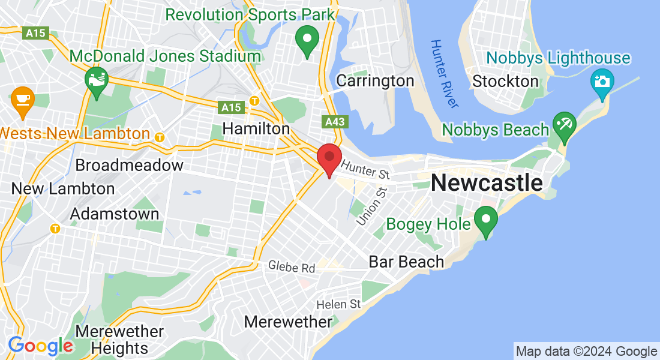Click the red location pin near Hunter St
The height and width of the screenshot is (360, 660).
pos(329,158)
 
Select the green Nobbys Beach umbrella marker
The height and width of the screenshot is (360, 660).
pos(564,125)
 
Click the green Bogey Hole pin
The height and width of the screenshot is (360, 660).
pos(485,219)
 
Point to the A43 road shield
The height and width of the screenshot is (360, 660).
pos(335,122)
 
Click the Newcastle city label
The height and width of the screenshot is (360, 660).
pos(487,182)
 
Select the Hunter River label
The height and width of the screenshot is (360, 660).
pos(445,74)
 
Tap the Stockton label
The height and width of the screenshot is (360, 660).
pos(505,81)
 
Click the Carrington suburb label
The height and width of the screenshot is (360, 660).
pos(375,80)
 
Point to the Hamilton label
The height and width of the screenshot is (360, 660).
pos(256,128)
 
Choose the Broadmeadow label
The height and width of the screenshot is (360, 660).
pos(130,165)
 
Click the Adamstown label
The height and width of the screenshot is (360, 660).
pos(115,214)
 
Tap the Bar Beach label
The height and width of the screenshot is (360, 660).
pos(406,262)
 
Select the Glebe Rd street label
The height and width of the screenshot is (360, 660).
pos(292,266)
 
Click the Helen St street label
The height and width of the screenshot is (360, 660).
pos(338,304)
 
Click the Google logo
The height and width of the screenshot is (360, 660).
pos(40,346)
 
